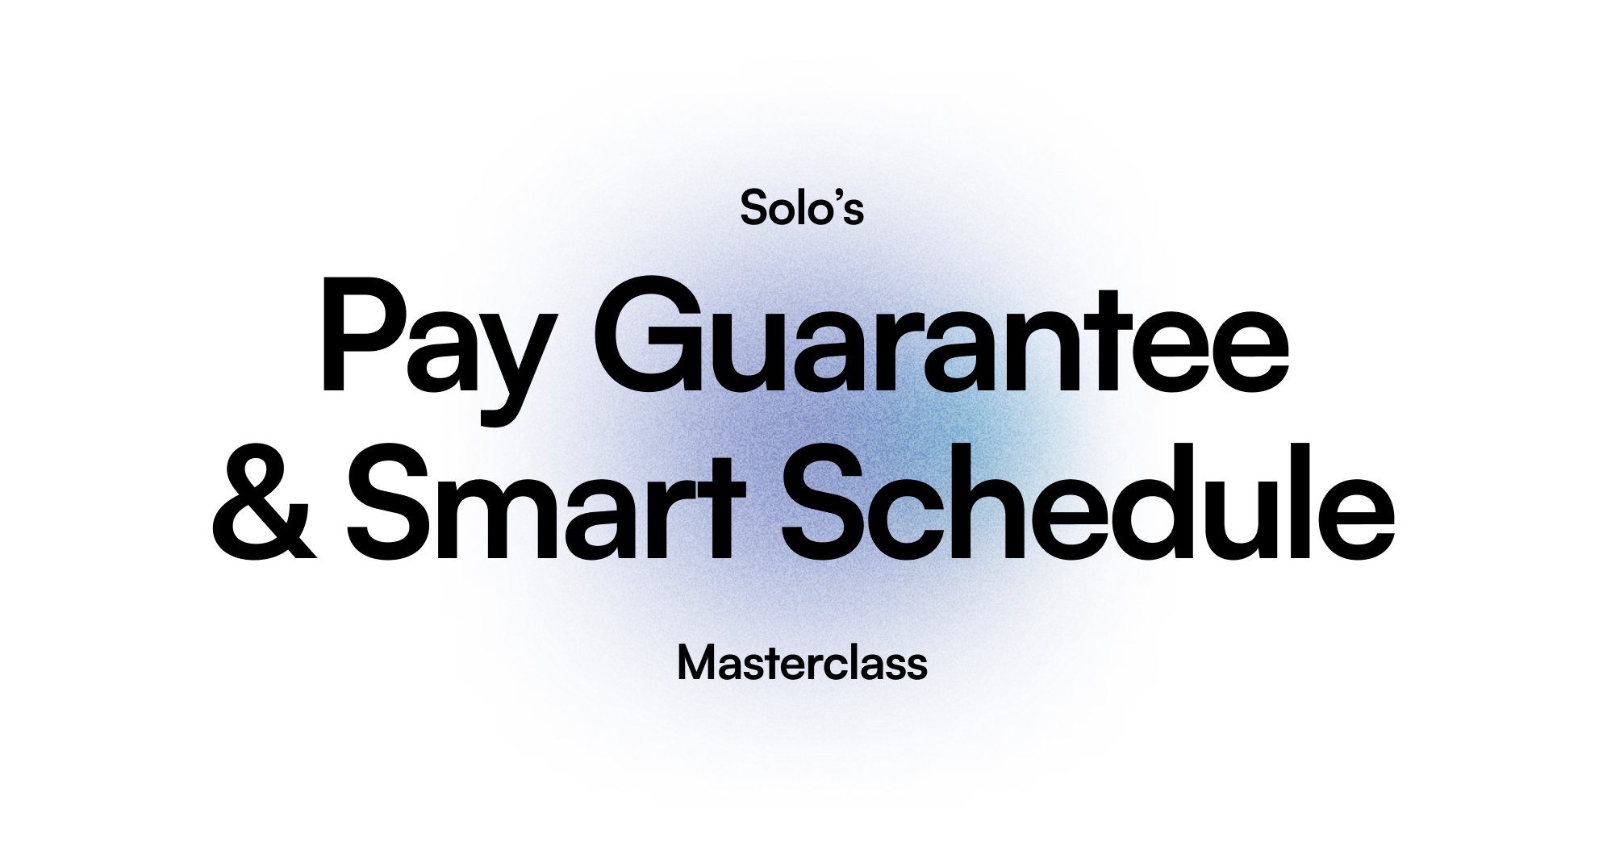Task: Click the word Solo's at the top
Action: [x=802, y=209]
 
